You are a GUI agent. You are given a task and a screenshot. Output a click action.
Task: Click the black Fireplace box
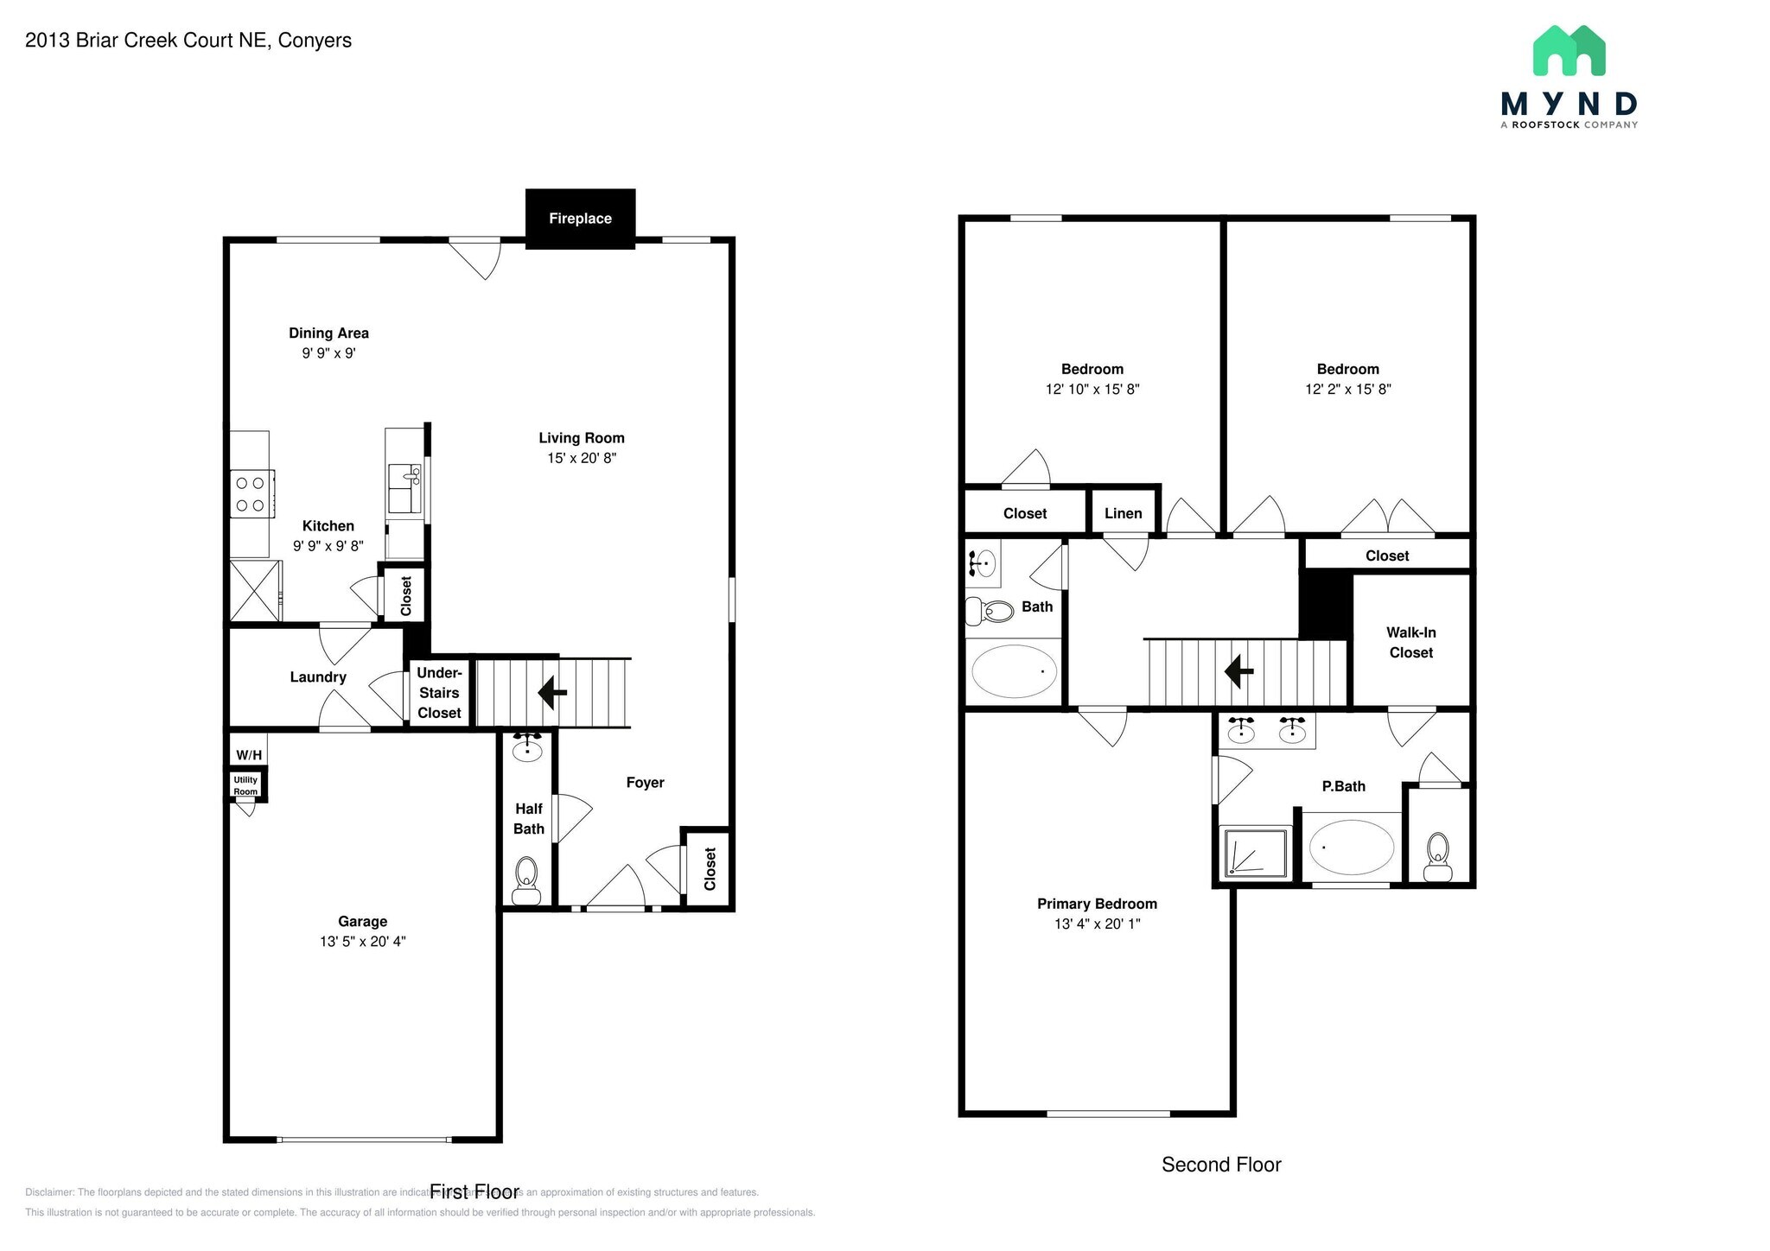[580, 219]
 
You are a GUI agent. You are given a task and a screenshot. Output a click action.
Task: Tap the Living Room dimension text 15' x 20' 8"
[581, 458]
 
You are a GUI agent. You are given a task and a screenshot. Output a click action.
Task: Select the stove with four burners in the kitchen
[251, 494]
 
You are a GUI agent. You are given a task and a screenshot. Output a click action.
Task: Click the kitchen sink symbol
[404, 489]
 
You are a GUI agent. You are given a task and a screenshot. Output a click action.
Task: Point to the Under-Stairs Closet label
[439, 692]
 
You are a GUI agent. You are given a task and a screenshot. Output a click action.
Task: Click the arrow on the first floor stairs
[552, 692]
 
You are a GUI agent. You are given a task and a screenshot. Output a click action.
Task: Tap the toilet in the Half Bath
[526, 878]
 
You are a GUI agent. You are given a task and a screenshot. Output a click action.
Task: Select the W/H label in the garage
[248, 755]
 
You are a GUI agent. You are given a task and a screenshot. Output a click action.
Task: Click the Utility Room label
[245, 785]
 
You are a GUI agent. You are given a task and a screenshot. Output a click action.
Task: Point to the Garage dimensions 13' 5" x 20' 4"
[362, 942]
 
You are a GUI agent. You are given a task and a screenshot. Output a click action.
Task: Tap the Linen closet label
[1123, 513]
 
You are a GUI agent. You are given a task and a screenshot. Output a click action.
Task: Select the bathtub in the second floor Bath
[1014, 671]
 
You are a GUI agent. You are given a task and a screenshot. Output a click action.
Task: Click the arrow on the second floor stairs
[1239, 671]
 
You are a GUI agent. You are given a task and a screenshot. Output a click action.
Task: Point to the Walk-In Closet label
[1410, 643]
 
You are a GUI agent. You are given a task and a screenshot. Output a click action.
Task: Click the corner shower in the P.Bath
[1254, 854]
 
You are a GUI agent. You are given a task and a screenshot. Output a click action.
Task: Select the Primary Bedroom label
[1096, 904]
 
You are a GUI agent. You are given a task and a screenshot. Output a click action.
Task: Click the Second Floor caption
[1220, 1165]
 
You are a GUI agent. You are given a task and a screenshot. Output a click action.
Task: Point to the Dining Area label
[328, 333]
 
